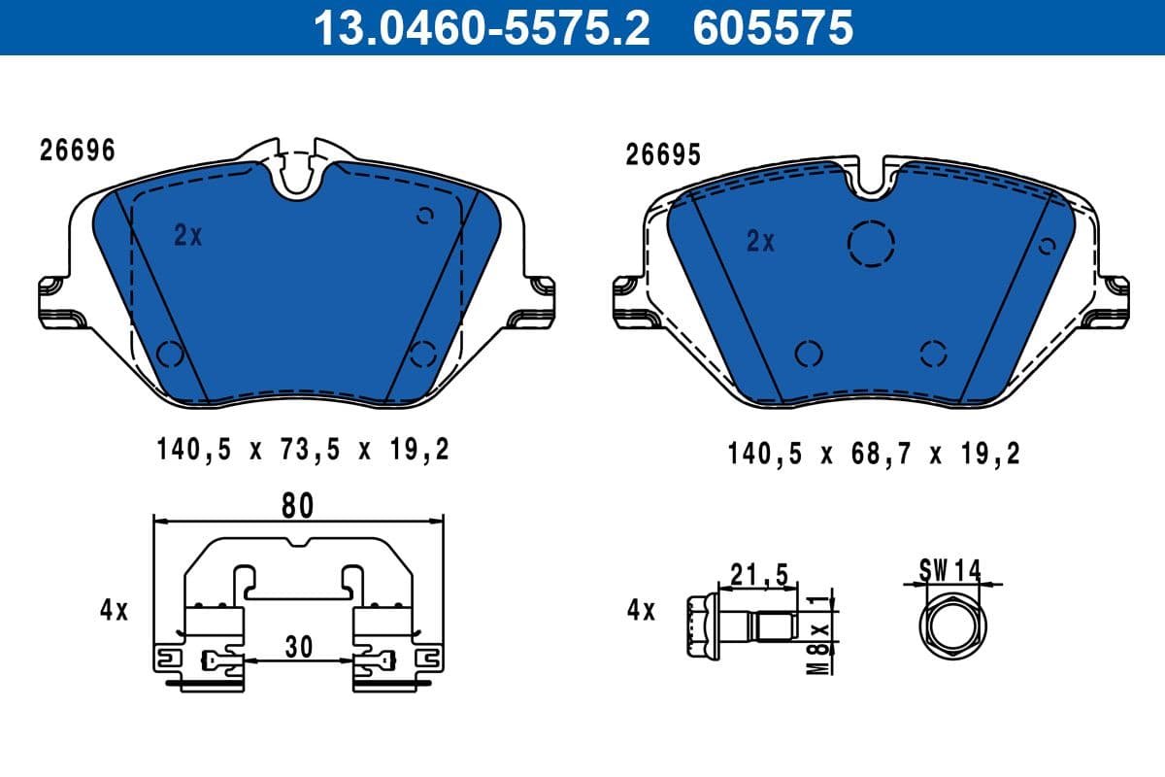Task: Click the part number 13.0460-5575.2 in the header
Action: tap(480, 27)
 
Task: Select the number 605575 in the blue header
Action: tap(773, 27)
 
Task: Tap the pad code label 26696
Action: tap(77, 151)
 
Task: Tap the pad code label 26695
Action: tap(663, 155)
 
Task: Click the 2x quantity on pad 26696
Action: tap(188, 235)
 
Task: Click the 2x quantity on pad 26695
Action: tap(761, 241)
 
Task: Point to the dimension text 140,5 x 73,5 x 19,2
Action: tap(302, 450)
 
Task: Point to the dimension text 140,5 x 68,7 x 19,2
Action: tap(874, 453)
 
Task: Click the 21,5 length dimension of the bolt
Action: tap(759, 575)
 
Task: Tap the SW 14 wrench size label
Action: tap(949, 570)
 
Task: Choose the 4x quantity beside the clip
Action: tap(114, 610)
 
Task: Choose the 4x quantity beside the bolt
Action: tap(641, 611)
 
